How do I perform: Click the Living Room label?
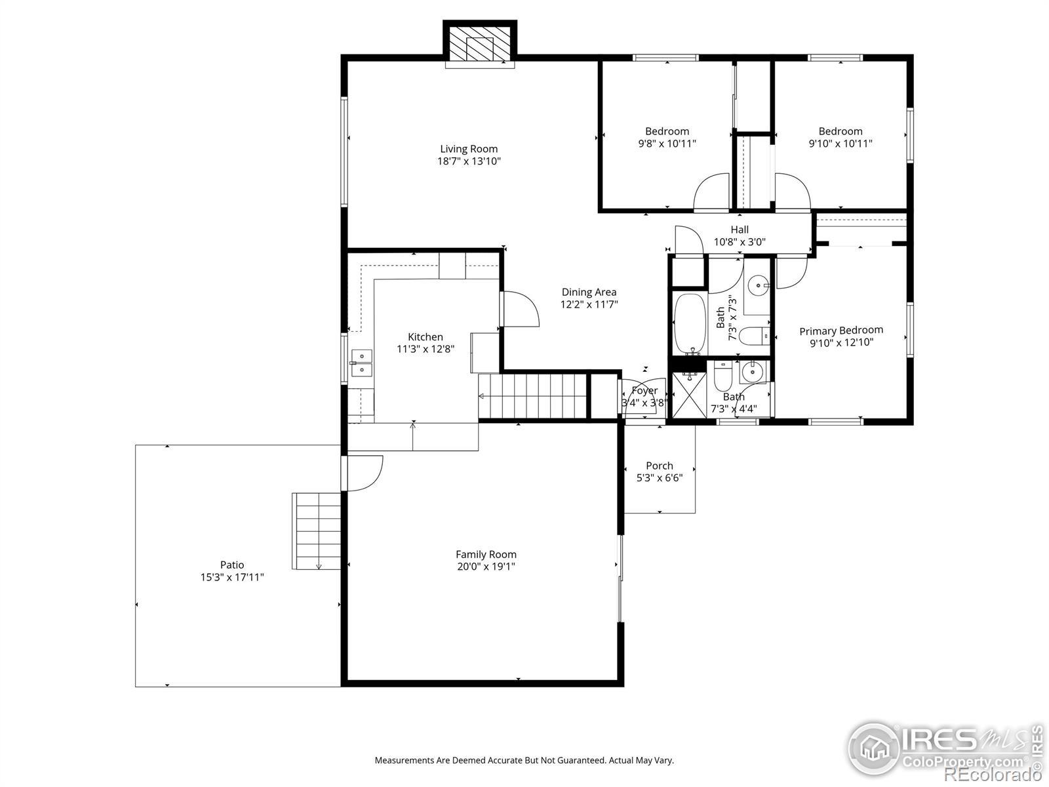point(468,149)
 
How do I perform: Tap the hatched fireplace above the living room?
point(479,44)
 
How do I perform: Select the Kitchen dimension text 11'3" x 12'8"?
point(426,350)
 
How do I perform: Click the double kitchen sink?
point(361,363)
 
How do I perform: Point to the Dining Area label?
point(589,292)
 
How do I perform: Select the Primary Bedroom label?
point(841,331)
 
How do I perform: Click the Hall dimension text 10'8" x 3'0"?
point(740,242)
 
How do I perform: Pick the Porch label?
point(660,466)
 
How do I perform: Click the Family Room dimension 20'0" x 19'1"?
point(486,567)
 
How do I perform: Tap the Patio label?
point(232,565)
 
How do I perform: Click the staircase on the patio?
point(317,531)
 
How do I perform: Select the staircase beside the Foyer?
point(532,396)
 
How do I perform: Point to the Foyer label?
point(644,391)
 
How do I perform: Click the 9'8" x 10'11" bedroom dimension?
point(667,144)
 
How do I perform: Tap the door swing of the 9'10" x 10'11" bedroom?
point(793,191)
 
